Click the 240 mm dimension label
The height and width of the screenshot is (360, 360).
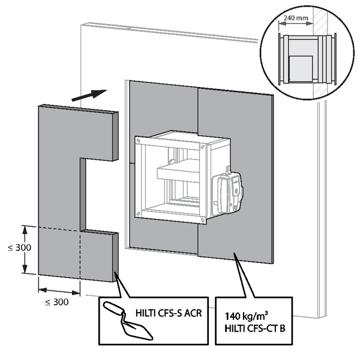296,18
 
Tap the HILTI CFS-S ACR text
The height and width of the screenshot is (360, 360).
169,313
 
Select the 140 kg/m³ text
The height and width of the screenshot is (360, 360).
246,316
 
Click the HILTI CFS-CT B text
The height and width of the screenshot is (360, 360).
255,328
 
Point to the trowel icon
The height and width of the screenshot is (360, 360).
128,321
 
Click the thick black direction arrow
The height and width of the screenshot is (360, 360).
89,95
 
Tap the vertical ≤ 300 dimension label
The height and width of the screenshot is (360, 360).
20,248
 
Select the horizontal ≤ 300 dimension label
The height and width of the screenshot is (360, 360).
57,302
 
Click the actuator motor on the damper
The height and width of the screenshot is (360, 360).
227,192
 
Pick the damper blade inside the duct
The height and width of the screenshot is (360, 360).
178,171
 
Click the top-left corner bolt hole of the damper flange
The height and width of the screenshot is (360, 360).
138,140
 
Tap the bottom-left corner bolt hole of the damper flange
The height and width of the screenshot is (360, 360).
138,214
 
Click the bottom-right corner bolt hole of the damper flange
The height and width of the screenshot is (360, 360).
203,220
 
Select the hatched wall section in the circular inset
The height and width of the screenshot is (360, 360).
320,53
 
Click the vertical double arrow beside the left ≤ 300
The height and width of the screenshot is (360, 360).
25,250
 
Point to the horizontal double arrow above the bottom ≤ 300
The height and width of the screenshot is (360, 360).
59,292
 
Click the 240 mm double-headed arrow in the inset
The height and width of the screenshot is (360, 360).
296,23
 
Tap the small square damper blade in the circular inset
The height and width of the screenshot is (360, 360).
301,68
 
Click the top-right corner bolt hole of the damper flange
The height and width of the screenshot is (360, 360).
203,147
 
